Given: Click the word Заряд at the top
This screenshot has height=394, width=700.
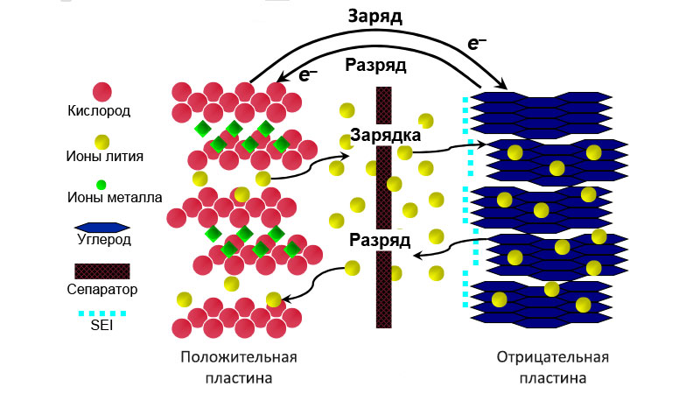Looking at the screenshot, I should coord(374,18).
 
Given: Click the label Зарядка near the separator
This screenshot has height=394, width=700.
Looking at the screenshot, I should coord(386,136).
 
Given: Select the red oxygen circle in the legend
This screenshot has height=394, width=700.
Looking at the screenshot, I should coord(101,91).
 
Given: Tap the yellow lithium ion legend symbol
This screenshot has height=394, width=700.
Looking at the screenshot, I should coord(101,141).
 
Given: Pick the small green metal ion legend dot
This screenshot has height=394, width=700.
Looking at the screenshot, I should coord(101,185).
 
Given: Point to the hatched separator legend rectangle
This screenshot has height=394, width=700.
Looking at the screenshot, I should coord(101,271).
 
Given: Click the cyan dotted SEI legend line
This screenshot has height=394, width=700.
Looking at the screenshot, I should coord(101,313).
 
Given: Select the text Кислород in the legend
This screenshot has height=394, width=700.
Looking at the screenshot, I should coord(99,111).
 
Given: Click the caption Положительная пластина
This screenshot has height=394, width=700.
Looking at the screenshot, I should coord(239,368).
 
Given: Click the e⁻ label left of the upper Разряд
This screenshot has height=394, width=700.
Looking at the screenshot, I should coord(308,74).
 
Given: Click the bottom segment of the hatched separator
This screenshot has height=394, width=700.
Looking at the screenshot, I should coord(383,289).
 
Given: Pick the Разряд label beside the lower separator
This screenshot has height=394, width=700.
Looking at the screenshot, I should coord(379,239).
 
